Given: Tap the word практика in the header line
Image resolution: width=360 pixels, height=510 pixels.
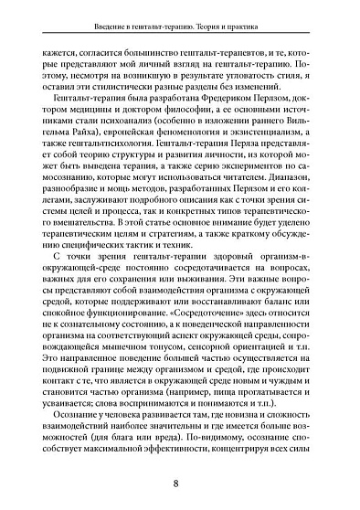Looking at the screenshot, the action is pos(307,21).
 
